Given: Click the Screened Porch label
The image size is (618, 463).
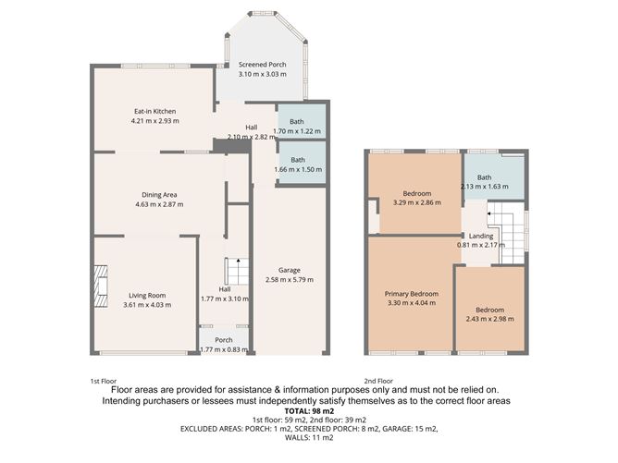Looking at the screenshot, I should tap(262, 65).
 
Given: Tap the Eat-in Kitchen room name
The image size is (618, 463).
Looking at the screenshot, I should tap(154, 111).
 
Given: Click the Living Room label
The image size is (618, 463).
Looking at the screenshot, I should tap(143, 296).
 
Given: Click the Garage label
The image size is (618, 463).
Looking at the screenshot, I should tap(290, 270).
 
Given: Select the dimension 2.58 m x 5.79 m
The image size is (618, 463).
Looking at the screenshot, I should tap(290, 279).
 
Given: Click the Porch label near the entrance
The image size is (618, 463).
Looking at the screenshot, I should tap(224, 340).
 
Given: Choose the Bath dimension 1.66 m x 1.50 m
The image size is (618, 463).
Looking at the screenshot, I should tap(297, 169).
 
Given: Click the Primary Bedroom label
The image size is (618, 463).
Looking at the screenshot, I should tap(412, 294).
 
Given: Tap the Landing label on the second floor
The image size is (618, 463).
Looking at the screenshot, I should tap(481, 236).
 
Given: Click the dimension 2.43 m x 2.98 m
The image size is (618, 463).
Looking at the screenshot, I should tap(489, 319).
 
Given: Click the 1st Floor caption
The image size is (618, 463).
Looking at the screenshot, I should tap(103, 381).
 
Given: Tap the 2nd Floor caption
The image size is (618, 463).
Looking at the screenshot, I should tap(378, 381).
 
